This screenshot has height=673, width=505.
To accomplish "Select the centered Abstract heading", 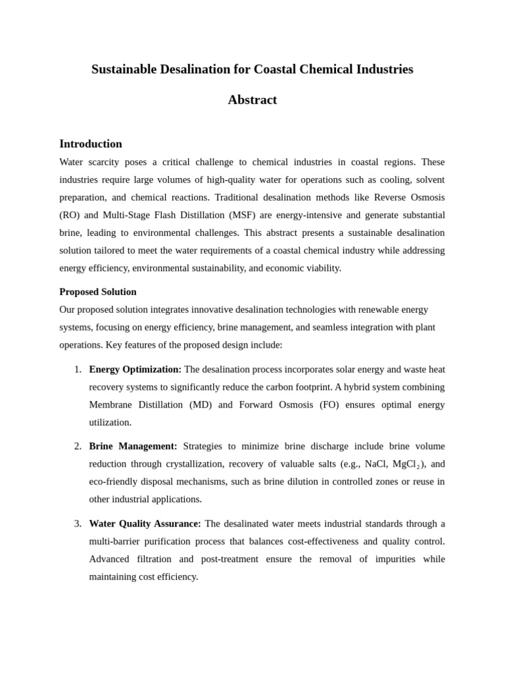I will pyautogui.click(x=252, y=100).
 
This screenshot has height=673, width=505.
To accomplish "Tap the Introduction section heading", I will pyautogui.click(x=91, y=144).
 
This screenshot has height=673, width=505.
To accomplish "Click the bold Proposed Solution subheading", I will pyautogui.click(x=98, y=292).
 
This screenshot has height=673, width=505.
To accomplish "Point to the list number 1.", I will pyautogui.click(x=78, y=369).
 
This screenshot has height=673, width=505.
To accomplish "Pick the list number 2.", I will pyautogui.click(x=78, y=446).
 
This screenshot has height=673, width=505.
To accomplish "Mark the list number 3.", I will pyautogui.click(x=78, y=524).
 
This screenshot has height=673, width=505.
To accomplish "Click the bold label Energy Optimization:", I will pyautogui.click(x=135, y=369).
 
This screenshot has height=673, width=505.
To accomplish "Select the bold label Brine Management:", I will pyautogui.click(x=133, y=446).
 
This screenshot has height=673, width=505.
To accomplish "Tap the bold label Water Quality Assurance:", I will pyautogui.click(x=145, y=524).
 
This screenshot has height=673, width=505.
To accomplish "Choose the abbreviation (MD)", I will pyautogui.click(x=201, y=405).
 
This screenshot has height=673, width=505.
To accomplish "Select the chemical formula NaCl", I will pyautogui.click(x=375, y=464).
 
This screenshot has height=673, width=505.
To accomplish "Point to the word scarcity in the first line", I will pyautogui.click(x=107, y=162).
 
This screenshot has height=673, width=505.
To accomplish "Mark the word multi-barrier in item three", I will pyautogui.click(x=116, y=542).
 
